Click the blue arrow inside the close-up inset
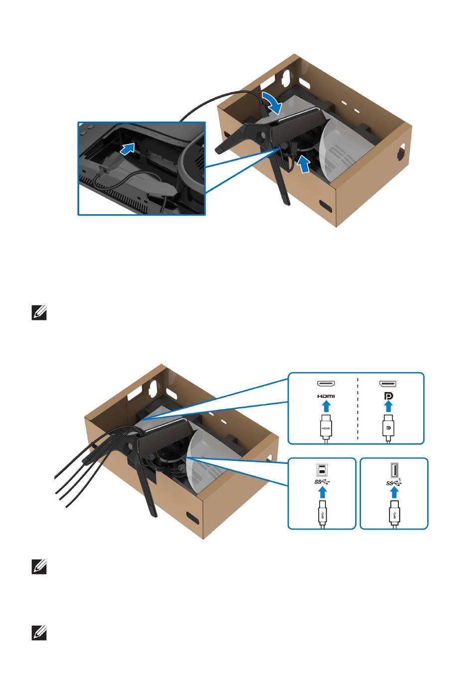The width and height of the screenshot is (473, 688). coord(128,148)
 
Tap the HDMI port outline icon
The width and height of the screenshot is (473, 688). coord(326,384)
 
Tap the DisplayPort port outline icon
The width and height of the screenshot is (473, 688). coord(388,384)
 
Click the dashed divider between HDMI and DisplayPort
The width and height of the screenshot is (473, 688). coord(357,409)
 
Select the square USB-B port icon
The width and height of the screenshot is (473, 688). coord(322,470)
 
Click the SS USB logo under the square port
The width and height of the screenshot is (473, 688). coord(322,482)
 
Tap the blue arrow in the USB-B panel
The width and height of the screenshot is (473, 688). coord(322,493)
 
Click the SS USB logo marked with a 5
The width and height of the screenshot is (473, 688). coord(394,482)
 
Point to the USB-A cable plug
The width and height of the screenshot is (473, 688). coord(394,513)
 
